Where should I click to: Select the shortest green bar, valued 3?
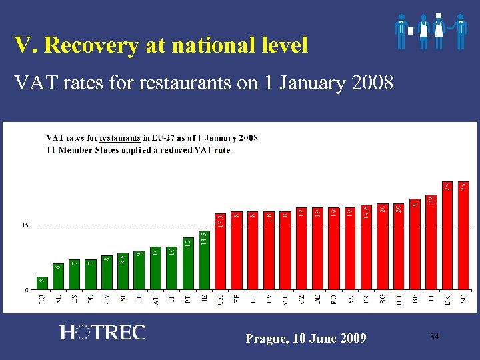pyautogui.click(x=42, y=283)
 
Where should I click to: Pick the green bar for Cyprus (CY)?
pyautogui.click(x=107, y=273)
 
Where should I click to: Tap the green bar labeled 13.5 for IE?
pyautogui.click(x=204, y=261)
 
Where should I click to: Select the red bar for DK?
pyautogui.click(x=447, y=236)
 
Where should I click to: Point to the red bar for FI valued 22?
pyautogui.click(x=431, y=243)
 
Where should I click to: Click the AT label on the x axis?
pyautogui.click(x=156, y=301)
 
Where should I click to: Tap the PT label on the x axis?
pyautogui.click(x=188, y=301)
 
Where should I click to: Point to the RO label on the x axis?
pyautogui.click(x=333, y=301)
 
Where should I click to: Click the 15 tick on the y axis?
pyautogui.click(x=26, y=225)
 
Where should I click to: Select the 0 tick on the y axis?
pyautogui.click(x=27, y=290)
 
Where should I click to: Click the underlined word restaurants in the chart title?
pyautogui.click(x=120, y=138)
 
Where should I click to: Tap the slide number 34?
pyautogui.click(x=435, y=337)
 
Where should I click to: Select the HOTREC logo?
pyautogui.click(x=102, y=332)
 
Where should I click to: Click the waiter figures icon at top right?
pyautogui.click(x=431, y=30)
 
